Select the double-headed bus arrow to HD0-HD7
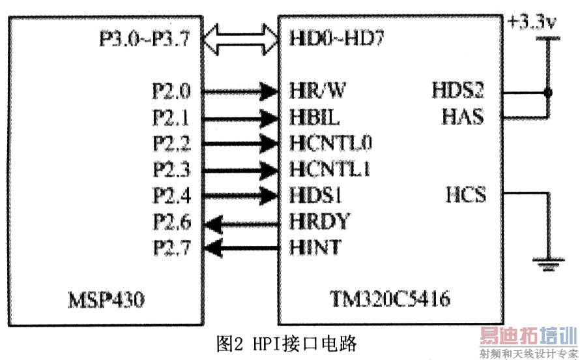(239, 40)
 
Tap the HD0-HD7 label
(336, 39)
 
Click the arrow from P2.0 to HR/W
(239, 91)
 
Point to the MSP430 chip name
(106, 301)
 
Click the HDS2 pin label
(457, 91)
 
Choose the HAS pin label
(462, 117)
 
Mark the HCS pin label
(465, 195)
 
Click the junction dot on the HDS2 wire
(547, 92)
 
